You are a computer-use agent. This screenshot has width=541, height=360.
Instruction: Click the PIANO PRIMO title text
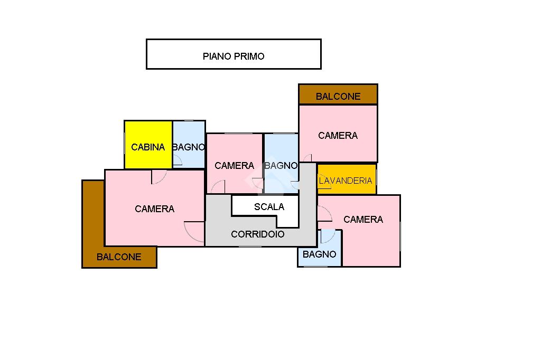point(234,56)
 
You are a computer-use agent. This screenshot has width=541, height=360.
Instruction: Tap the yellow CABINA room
point(148,147)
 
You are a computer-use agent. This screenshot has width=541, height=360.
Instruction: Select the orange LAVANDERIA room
point(346,180)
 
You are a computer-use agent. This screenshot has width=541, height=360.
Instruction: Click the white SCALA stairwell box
point(269,206)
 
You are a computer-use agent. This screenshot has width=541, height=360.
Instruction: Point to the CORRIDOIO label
point(258,234)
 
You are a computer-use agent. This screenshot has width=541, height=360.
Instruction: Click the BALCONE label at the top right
point(338,96)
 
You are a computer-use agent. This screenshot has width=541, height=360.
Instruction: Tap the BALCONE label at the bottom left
point(119,257)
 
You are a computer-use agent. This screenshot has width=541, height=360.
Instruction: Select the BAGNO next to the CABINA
point(189,147)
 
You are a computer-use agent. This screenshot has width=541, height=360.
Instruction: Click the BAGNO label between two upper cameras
point(281,165)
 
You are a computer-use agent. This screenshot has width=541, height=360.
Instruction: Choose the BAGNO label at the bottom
point(319,254)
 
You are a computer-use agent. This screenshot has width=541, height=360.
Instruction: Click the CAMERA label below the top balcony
point(338,135)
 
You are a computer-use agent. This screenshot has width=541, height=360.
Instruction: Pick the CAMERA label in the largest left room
point(154,209)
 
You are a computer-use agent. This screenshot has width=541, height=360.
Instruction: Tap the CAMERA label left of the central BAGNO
point(234,165)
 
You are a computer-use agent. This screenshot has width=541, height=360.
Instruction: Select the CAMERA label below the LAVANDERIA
point(363,219)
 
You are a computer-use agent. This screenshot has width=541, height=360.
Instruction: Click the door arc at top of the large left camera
point(159,177)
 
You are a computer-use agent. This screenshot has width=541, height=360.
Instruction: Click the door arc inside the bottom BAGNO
point(328,236)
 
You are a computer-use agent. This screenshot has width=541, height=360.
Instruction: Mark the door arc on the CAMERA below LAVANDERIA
point(324,213)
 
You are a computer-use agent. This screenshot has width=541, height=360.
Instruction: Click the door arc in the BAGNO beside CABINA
point(178,160)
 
